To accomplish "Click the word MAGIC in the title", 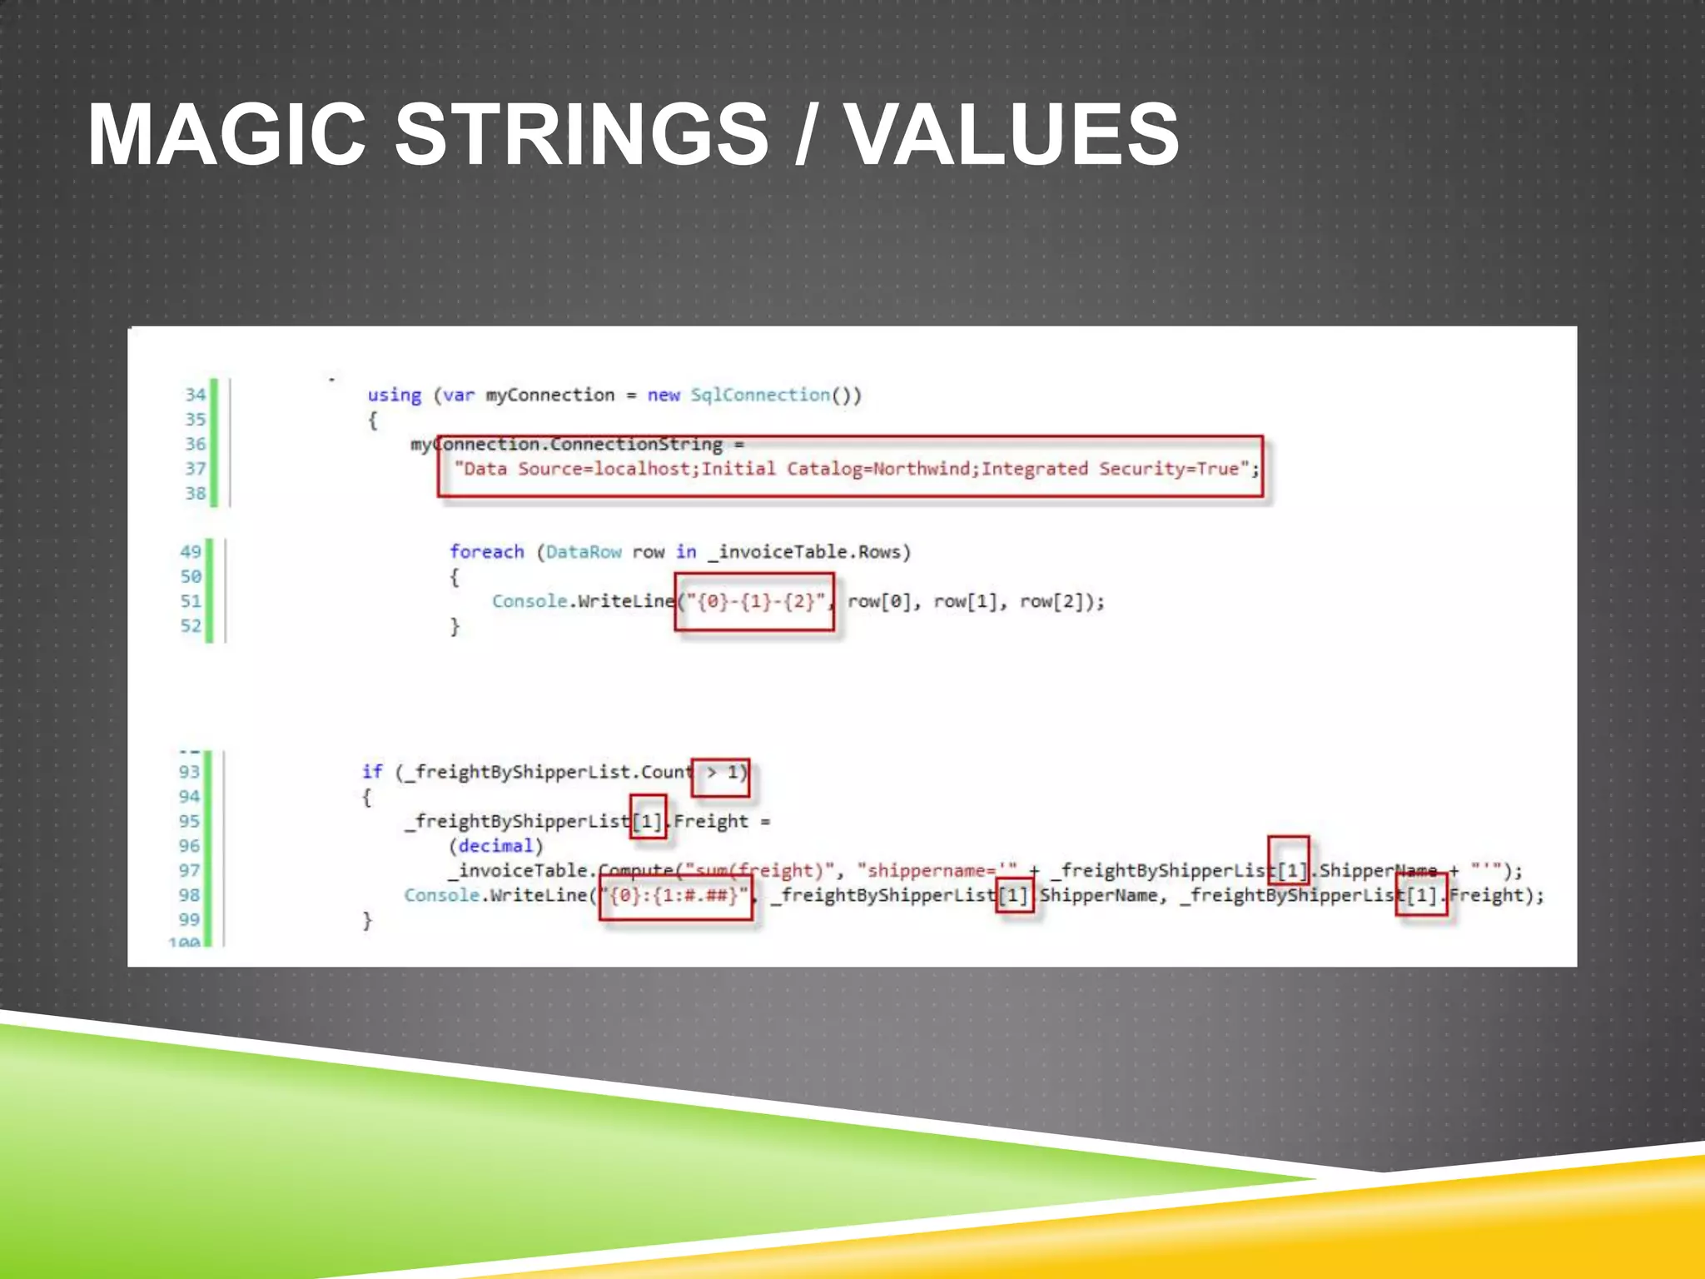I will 226,135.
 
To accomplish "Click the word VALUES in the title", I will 1012,135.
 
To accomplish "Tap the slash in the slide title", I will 803,135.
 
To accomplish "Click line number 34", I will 195,395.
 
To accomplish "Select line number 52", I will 191,625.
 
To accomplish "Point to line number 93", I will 190,772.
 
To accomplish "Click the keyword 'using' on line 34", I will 395,395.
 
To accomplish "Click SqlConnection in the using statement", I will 760,395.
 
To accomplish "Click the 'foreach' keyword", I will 487,551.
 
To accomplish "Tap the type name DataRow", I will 584,551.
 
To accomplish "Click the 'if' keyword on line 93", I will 372,772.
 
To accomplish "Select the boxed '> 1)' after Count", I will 722,773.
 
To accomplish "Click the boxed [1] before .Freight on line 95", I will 648,821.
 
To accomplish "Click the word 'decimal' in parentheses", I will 495,846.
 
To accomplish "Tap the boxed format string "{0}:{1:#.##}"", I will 675,896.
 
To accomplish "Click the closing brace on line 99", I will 367,920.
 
